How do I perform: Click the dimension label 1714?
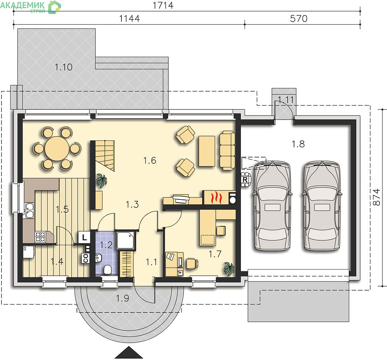[x=163, y=5]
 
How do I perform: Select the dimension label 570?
[x=298, y=18]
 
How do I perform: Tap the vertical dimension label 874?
[x=376, y=197]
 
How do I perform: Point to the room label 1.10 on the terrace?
[x=63, y=67]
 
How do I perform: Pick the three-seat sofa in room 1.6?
[x=227, y=150]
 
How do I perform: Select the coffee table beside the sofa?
[x=207, y=151]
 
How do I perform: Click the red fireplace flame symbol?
[x=217, y=198]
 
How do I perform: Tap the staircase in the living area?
[x=105, y=156]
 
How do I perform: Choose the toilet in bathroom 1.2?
[x=107, y=270]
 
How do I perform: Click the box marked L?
[x=85, y=238]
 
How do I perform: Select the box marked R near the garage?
[x=245, y=180]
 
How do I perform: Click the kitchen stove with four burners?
[x=40, y=237]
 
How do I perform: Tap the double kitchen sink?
[x=29, y=211]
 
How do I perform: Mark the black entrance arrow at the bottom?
[x=129, y=352]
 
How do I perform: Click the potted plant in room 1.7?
[x=229, y=268]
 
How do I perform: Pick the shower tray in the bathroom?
[x=126, y=240]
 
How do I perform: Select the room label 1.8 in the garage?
[x=298, y=144]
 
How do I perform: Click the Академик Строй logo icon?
[x=54, y=7]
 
